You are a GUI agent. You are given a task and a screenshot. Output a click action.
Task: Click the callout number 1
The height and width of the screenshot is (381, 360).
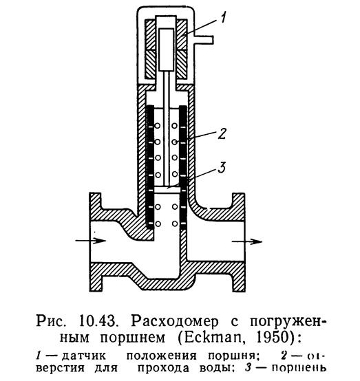(224, 18)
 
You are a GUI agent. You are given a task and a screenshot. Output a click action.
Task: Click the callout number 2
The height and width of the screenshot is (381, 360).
(222, 134)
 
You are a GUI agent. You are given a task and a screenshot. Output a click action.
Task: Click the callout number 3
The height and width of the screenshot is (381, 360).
(221, 167)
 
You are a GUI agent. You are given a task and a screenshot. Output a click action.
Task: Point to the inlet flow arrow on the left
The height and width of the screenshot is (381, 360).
(90, 241)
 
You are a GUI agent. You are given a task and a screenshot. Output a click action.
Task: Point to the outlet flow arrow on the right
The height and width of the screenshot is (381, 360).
(247, 241)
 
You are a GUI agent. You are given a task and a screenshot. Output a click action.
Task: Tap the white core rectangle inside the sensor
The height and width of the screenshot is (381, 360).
(167, 50)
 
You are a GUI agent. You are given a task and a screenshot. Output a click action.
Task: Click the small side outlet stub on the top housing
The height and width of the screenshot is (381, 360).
(204, 40)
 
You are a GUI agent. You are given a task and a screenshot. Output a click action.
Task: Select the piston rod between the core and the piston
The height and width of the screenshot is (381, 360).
(167, 129)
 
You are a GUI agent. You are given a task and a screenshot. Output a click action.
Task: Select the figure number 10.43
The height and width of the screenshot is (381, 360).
(97, 321)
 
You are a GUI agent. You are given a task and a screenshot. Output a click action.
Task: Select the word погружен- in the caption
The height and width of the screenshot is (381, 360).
(288, 322)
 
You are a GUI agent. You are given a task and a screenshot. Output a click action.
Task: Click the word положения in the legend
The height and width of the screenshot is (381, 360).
(161, 356)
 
